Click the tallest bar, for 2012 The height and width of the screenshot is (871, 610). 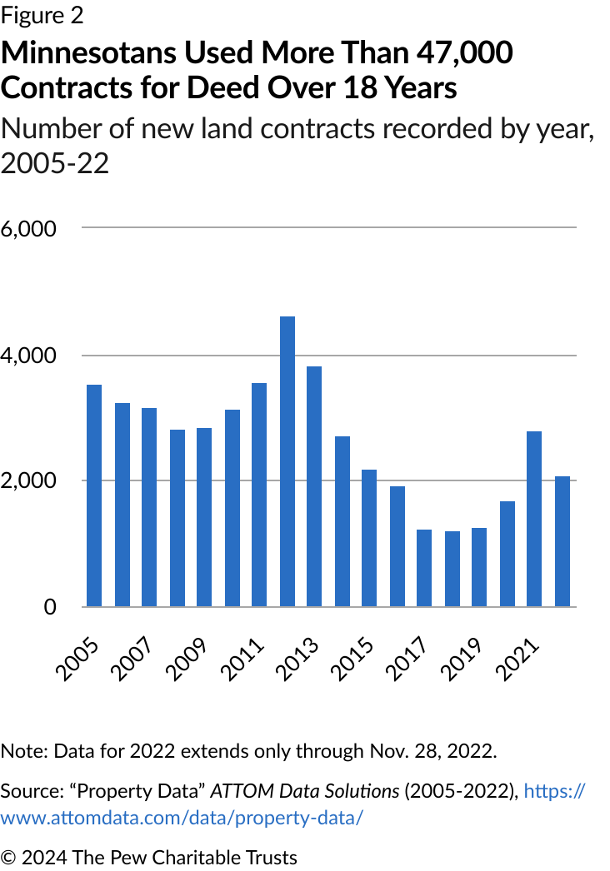pyautogui.click(x=287, y=461)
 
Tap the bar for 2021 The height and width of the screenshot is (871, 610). pyautogui.click(x=535, y=519)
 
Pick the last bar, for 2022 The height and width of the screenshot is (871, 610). pyautogui.click(x=562, y=541)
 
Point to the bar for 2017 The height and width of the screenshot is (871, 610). pyautogui.click(x=425, y=568)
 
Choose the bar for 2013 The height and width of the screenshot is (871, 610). pyautogui.click(x=314, y=486)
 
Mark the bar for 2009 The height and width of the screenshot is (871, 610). pyautogui.click(x=204, y=517)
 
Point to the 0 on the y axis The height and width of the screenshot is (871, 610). pyautogui.click(x=51, y=608)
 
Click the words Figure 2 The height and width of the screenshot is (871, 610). pyautogui.click(x=42, y=16)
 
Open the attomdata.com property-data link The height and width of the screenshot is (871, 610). pyautogui.click(x=181, y=817)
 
